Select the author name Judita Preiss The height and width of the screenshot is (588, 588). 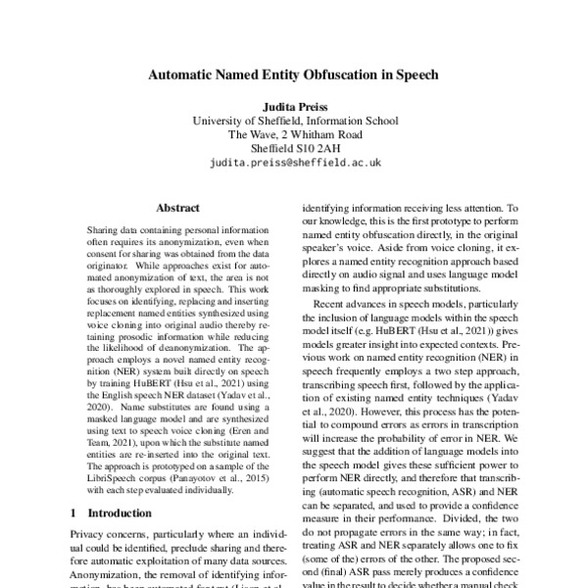pos(294,105)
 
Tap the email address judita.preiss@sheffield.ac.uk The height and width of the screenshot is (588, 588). pos(294,165)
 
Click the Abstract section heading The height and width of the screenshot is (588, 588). pos(177,208)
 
